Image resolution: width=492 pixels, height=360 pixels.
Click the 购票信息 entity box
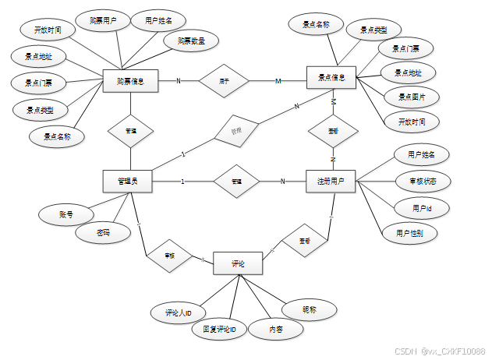click(x=131, y=80)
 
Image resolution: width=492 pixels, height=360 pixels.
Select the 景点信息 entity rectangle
click(x=331, y=78)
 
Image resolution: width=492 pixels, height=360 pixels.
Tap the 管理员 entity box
click(x=128, y=182)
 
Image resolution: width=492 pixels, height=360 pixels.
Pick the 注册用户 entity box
click(x=331, y=182)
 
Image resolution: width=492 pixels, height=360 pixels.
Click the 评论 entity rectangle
click(x=238, y=265)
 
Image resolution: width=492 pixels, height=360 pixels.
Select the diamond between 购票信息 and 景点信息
click(x=224, y=80)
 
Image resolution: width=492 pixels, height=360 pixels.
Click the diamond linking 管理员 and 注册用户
click(x=236, y=182)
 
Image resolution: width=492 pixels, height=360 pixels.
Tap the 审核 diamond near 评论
click(x=169, y=255)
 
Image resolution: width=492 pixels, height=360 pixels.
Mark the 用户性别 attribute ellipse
click(x=410, y=233)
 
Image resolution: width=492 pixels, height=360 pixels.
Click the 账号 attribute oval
click(x=65, y=214)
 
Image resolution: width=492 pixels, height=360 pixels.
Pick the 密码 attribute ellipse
click(x=103, y=232)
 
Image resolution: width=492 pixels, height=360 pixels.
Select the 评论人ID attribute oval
click(x=179, y=312)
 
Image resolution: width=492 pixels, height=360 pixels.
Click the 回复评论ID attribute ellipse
click(x=219, y=330)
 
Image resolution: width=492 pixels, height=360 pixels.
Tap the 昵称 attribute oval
click(x=309, y=309)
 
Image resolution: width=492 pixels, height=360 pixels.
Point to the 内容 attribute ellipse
click(x=275, y=330)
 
